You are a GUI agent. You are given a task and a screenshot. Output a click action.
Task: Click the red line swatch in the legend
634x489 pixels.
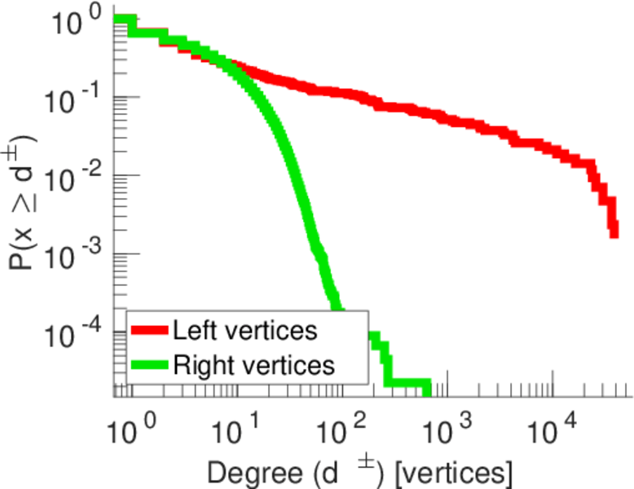(149, 332)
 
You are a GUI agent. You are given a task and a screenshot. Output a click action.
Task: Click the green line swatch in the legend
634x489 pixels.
(149, 365)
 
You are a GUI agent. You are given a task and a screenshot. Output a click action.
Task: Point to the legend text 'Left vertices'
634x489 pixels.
(245, 331)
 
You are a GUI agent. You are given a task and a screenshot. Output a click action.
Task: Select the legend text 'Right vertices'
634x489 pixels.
(253, 365)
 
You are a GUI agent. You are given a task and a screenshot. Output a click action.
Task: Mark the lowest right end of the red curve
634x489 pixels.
(614, 234)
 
